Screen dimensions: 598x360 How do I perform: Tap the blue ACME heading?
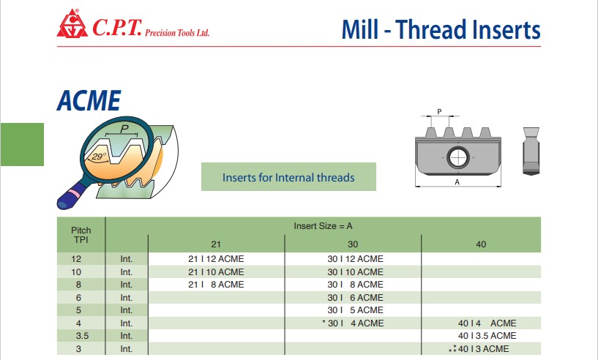pyautogui.click(x=89, y=101)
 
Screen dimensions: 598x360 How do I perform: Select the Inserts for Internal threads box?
pyautogui.click(x=288, y=177)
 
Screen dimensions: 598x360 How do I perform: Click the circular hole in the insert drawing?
pyautogui.click(x=458, y=157)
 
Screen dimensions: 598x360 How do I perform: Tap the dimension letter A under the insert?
pyautogui.click(x=457, y=182)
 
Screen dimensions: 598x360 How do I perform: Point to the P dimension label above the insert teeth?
pyautogui.click(x=439, y=112)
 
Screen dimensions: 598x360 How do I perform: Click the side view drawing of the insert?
pyautogui.click(x=531, y=151)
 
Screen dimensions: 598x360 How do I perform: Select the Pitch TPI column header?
pyautogui.click(x=81, y=235)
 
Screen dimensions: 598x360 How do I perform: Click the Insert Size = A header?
pyautogui.click(x=323, y=226)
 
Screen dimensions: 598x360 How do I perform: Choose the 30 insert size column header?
pyautogui.click(x=353, y=244)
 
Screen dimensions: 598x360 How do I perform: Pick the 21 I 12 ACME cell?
pyautogui.click(x=216, y=259)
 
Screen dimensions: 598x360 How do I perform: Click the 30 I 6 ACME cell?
pyautogui.click(x=356, y=298)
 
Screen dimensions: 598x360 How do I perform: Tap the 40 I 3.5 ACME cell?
pyautogui.click(x=487, y=336)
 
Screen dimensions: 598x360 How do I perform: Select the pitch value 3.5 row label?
pyautogui.click(x=82, y=336)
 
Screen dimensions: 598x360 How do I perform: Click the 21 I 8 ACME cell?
pyautogui.click(x=216, y=285)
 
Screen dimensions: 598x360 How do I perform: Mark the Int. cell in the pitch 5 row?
pyautogui.click(x=126, y=310)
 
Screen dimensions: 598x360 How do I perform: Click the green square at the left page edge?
pyautogui.click(x=22, y=144)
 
